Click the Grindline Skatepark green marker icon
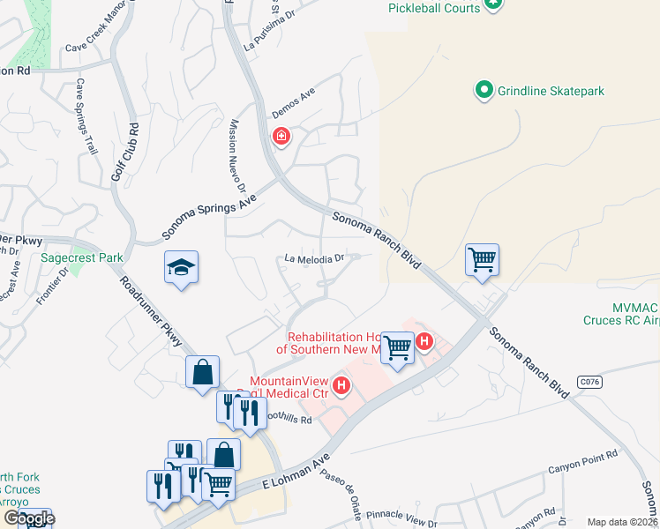pos(484,89)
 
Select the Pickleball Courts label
pos(434,8)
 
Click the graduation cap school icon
pos(181,268)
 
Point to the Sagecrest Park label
pos(82,258)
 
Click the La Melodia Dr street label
pos(312,258)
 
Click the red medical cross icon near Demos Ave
pos(281,137)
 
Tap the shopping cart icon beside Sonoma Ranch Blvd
pos(483,260)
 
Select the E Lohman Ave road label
pos(296,471)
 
